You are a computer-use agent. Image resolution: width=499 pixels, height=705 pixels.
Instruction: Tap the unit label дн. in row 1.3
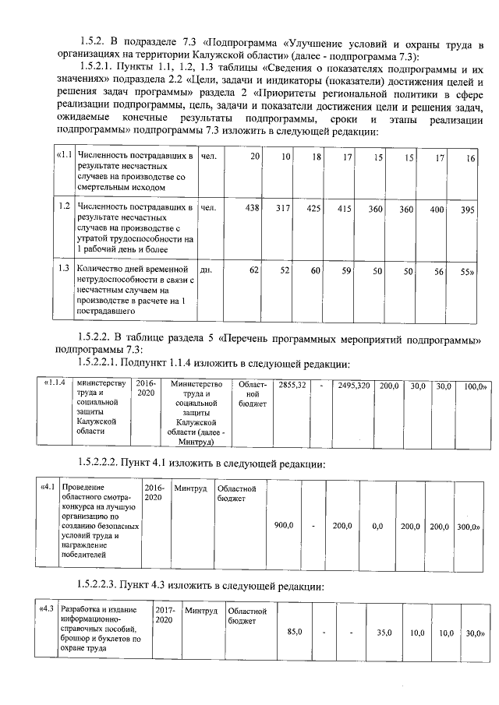point(207,270)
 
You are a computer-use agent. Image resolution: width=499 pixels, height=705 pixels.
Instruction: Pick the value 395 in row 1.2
point(467,211)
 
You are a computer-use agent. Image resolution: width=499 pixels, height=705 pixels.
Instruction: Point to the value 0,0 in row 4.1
point(377,527)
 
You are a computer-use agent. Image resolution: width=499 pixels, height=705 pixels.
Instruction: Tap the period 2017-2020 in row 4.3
point(165,615)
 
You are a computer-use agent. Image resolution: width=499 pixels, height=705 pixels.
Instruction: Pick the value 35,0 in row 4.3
point(383,633)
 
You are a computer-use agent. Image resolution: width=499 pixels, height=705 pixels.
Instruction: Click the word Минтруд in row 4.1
point(190,488)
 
